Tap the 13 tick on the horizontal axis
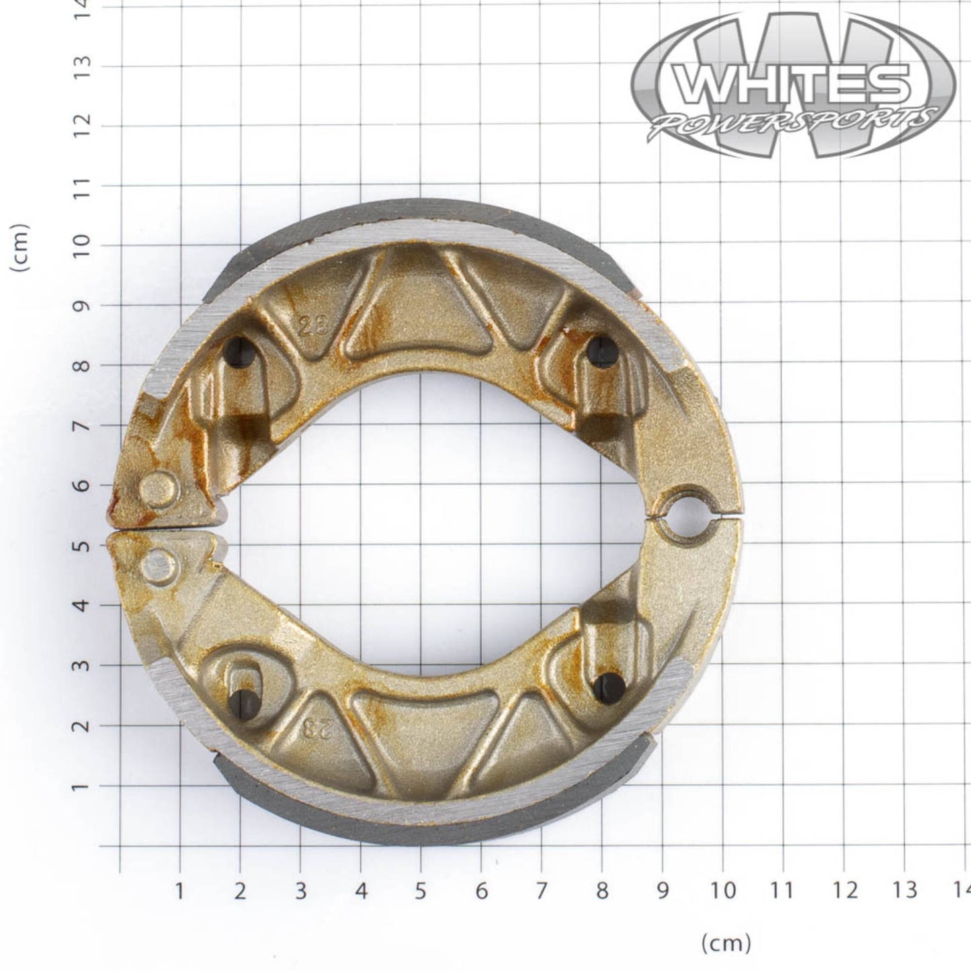(905, 890)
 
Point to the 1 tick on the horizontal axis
(179, 890)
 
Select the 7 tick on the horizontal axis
(542, 890)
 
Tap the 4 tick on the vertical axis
(82, 605)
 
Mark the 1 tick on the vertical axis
(82, 786)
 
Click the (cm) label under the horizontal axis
(726, 943)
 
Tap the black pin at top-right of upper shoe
(601, 350)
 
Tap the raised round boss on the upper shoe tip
(159, 489)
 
